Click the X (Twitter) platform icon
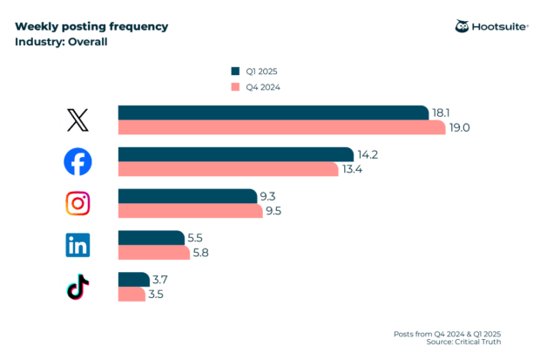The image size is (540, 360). pyautogui.click(x=78, y=119)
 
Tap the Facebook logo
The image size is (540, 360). pyautogui.click(x=78, y=161)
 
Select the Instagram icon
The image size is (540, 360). pyautogui.click(x=78, y=203)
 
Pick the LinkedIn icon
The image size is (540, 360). pyautogui.click(x=78, y=245)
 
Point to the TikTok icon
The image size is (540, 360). pyautogui.click(x=78, y=287)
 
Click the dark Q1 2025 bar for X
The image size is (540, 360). pyautogui.click(x=273, y=112)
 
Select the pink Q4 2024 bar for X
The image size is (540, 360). pyautogui.click(x=281, y=127)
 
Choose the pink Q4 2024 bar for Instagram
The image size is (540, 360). pyautogui.click(x=190, y=211)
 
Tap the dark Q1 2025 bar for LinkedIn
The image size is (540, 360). pyautogui.click(x=151, y=238)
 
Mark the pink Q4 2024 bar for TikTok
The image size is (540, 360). pyautogui.click(x=132, y=295)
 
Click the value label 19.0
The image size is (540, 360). pyautogui.click(x=459, y=127)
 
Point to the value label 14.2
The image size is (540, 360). pyautogui.click(x=369, y=154)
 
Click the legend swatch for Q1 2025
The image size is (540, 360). pyautogui.click(x=234, y=71)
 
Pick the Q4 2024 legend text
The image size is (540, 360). pyautogui.click(x=263, y=87)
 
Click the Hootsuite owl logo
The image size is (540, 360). pyautogui.click(x=462, y=26)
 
